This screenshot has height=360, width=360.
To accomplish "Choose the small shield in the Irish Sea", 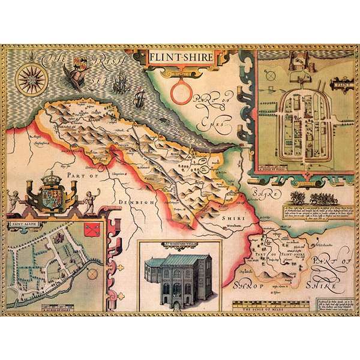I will (x=79, y=61).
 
